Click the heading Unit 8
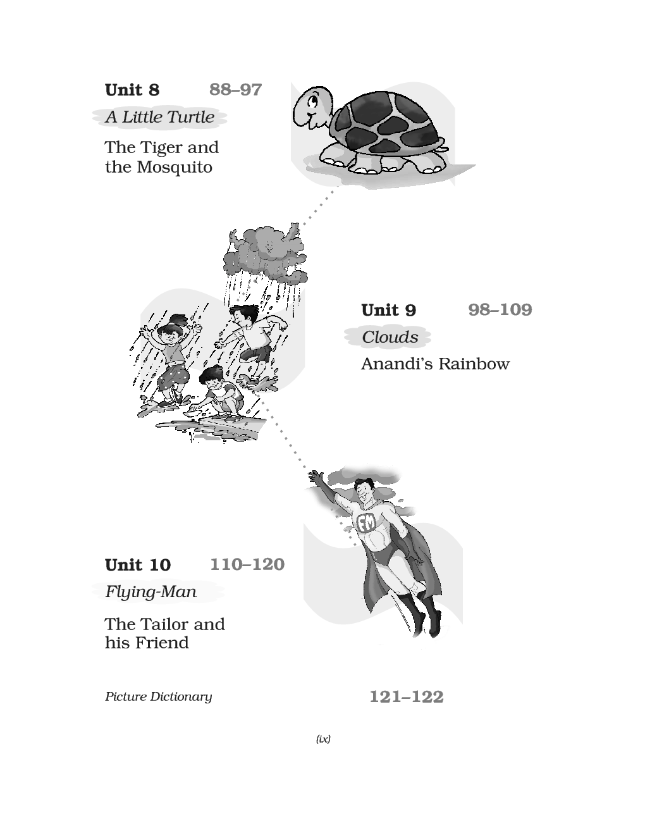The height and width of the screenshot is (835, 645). click(132, 90)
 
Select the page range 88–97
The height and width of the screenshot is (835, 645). click(235, 90)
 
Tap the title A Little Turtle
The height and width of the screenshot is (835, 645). click(160, 117)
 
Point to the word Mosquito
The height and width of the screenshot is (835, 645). click(175, 168)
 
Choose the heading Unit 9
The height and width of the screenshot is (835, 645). click(388, 310)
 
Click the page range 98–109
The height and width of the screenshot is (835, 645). click(500, 310)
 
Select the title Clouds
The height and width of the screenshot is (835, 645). click(390, 337)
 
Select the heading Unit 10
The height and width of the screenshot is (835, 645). click(137, 565)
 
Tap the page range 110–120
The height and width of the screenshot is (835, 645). click(247, 564)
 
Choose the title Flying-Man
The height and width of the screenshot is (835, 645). click(150, 591)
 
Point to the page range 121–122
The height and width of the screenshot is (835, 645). click(407, 696)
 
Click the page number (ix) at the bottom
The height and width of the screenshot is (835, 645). click(323, 739)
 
